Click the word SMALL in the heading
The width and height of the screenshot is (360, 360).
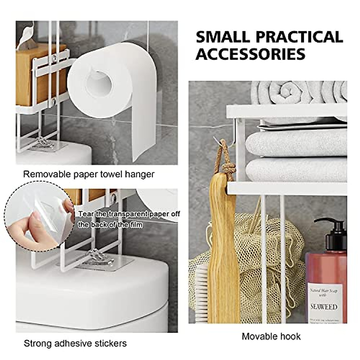click(x=223, y=37)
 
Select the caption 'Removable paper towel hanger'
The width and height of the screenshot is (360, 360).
click(x=89, y=174)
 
